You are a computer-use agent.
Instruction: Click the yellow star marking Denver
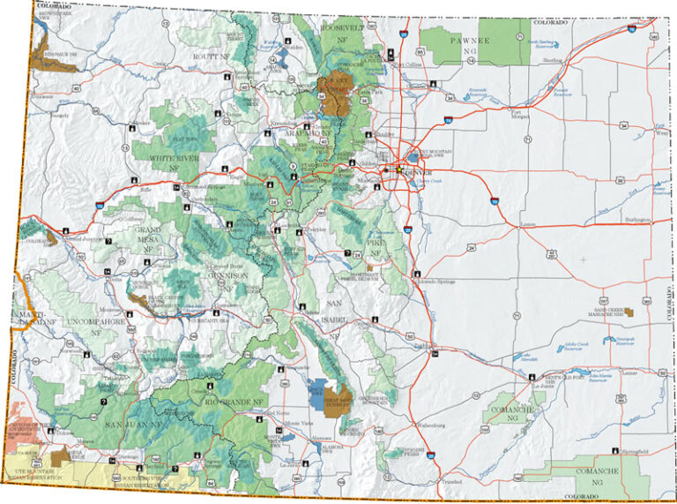tap(398, 169)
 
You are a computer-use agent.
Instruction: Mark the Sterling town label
tap(552, 61)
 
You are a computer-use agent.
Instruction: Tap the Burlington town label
tap(637, 219)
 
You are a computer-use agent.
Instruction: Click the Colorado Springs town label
tap(436, 282)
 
